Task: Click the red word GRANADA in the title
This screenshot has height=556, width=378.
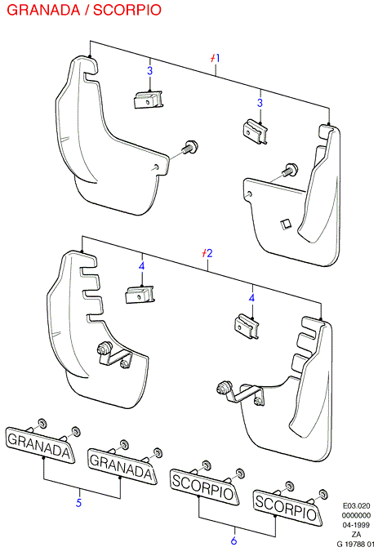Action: [43, 10]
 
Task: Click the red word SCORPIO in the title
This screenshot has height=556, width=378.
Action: [127, 10]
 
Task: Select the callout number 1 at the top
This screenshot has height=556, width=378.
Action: [217, 58]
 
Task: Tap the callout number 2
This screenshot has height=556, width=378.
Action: [209, 253]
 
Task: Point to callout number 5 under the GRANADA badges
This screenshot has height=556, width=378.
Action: [78, 502]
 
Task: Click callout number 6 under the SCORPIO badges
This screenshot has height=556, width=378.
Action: [233, 540]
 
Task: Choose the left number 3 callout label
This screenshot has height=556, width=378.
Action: [150, 70]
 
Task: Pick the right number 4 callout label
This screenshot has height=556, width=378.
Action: [251, 297]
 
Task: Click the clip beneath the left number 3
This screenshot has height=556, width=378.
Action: [149, 100]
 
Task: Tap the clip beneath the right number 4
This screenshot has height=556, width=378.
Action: [247, 327]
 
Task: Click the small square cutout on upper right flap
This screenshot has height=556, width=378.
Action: [285, 224]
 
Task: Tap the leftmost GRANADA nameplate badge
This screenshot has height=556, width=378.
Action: [40, 445]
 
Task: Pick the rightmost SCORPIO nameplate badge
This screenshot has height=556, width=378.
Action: [287, 507]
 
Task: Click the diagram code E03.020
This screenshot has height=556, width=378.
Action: [356, 506]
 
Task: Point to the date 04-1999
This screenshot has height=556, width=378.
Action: [356, 525]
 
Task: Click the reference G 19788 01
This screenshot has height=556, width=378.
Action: [355, 544]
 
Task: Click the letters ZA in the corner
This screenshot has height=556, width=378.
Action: [356, 535]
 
